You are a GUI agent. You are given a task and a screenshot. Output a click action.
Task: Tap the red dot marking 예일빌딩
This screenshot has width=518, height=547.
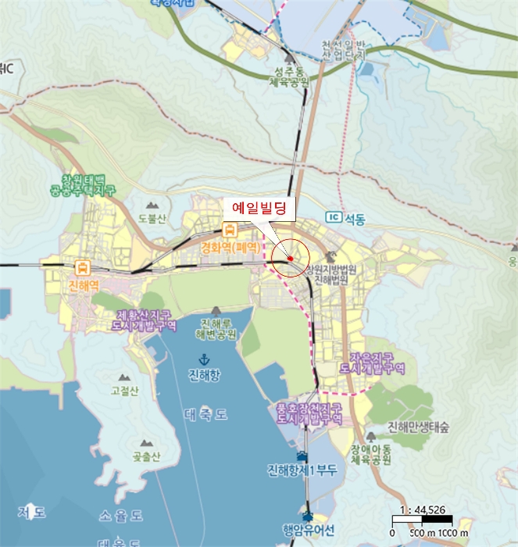tap(290, 258)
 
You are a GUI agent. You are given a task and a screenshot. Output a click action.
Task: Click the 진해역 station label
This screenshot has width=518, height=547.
tap(83, 284)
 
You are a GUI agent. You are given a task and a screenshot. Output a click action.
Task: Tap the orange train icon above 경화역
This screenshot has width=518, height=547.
tap(230, 230)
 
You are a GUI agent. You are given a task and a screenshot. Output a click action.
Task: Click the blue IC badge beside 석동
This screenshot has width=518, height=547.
tap(334, 216)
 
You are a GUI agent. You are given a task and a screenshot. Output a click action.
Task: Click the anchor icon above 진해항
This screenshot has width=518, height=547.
tap(204, 359)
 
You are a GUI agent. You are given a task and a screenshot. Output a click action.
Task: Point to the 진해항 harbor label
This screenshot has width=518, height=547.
tap(204, 376)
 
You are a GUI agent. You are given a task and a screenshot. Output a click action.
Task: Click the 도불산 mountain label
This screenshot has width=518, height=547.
tap(152, 219)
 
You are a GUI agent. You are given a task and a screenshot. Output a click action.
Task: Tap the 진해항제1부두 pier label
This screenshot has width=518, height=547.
tap(301, 469)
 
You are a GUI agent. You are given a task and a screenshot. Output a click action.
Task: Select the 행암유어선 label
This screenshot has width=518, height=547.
tap(308, 530)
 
